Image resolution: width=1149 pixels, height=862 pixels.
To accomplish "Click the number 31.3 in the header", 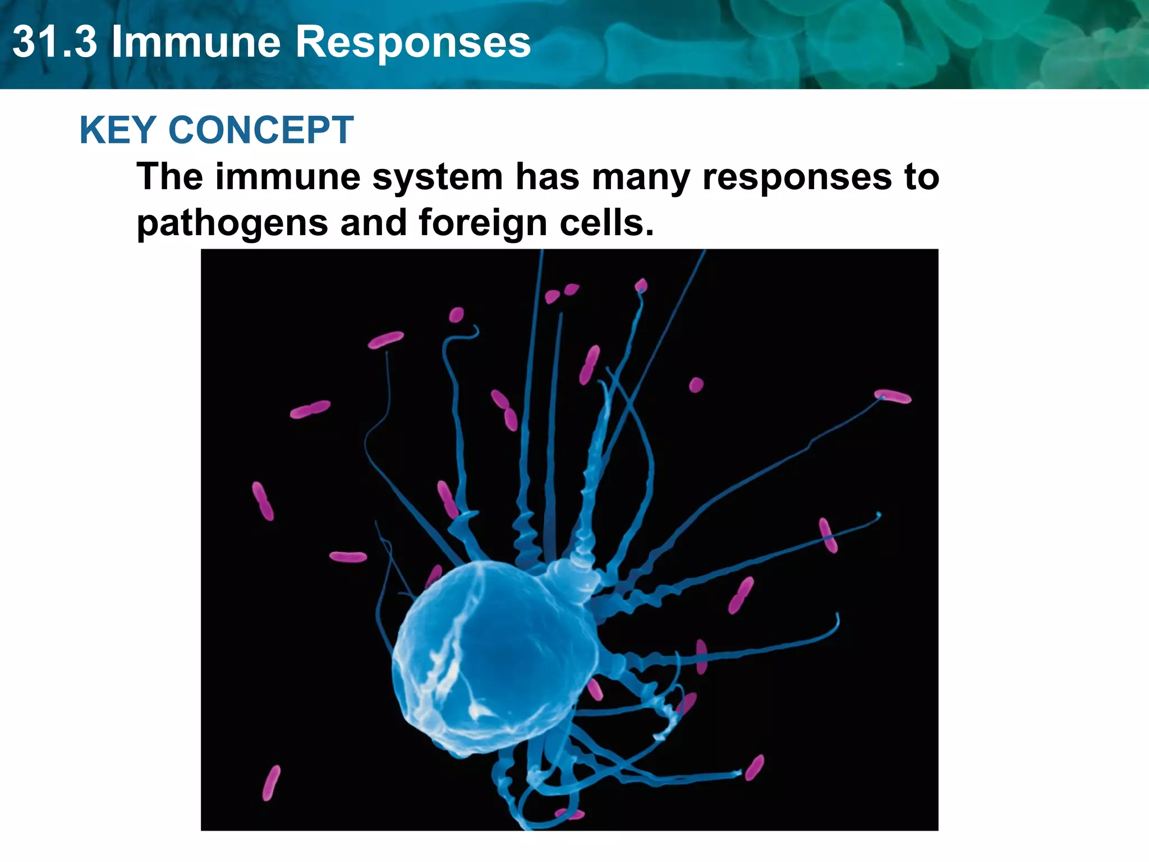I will (54, 42).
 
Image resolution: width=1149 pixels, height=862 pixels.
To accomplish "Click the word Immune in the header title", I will (196, 42).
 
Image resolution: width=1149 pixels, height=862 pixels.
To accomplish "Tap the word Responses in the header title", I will (412, 42).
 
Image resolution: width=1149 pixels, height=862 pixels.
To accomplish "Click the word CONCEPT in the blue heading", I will (261, 130).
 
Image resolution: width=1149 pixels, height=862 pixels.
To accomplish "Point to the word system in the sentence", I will (437, 177).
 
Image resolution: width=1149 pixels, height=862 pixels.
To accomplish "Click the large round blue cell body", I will (494, 657).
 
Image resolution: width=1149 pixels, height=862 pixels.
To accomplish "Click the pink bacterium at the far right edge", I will (893, 396).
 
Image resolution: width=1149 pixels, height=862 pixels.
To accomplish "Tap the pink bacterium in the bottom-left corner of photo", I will (271, 782).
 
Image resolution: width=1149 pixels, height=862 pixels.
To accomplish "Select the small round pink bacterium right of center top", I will (696, 385).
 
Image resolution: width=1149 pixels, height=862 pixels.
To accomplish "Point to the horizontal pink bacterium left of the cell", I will (348, 557).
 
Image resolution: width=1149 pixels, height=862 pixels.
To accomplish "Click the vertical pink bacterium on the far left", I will (263, 501).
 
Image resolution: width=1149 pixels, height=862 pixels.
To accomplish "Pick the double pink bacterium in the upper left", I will (310, 410).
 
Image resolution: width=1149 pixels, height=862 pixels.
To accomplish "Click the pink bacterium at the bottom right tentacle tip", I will (755, 767).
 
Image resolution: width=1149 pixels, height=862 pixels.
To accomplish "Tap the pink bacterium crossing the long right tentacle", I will (828, 535).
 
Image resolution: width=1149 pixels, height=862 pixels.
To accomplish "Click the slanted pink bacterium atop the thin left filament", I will (385, 340).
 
